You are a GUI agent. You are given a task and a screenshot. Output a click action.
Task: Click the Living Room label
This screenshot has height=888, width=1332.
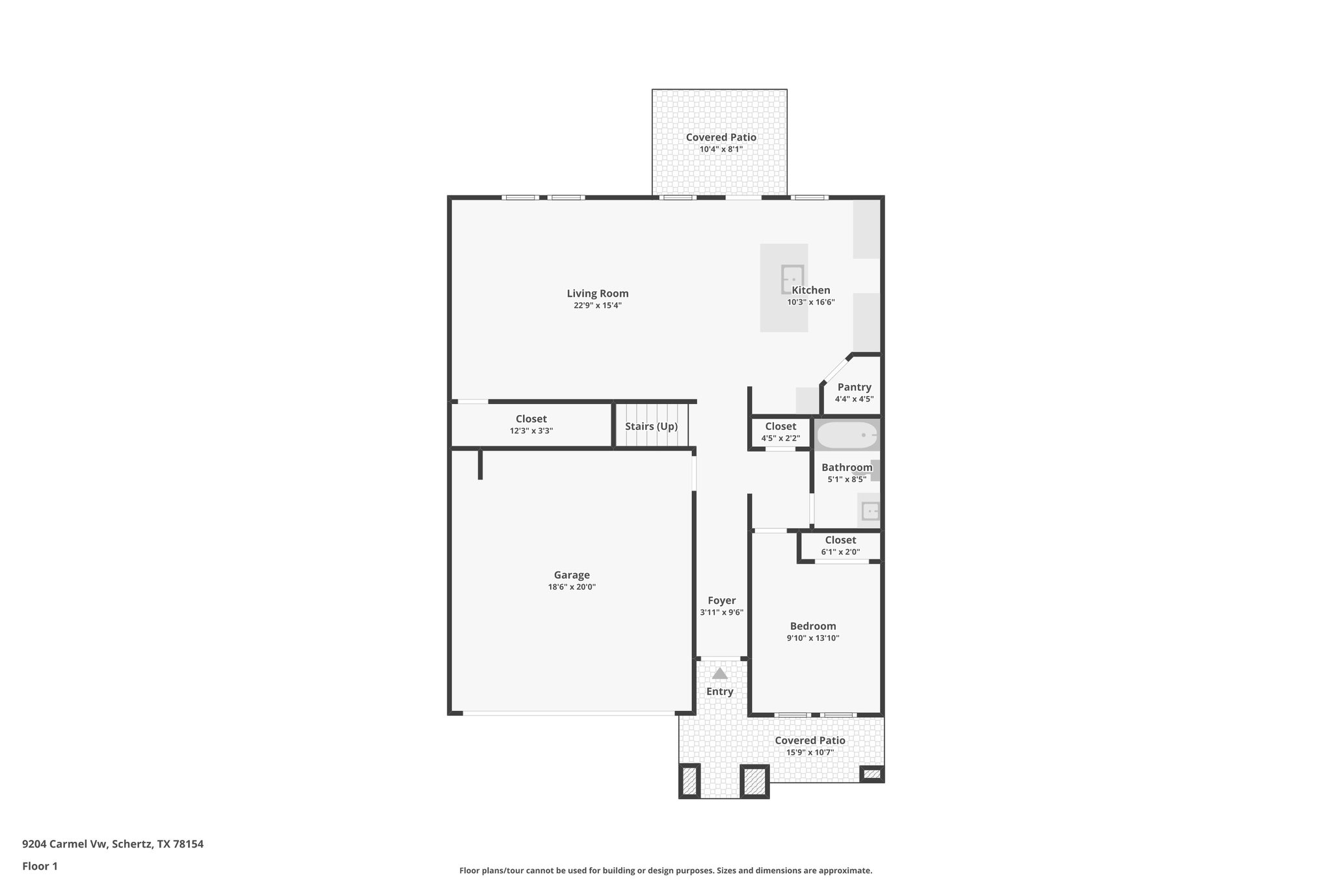coord(597,293)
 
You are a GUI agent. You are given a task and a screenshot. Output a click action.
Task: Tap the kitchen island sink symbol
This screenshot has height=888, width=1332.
coord(792,279)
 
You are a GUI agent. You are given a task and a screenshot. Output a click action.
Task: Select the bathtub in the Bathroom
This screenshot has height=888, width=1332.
coord(847,435)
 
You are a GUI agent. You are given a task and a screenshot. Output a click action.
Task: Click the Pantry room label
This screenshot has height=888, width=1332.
coord(854,387)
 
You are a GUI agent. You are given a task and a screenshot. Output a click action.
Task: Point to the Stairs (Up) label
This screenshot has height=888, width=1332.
coord(651,427)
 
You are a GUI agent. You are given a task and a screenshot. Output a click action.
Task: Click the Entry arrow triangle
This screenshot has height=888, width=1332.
coord(719,673)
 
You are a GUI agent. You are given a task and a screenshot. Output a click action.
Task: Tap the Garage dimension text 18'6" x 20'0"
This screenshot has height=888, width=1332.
coord(572,587)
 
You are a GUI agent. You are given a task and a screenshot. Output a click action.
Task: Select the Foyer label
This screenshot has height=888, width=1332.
coord(721,600)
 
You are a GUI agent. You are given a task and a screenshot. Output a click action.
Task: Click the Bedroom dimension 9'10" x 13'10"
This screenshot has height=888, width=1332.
coord(812,638)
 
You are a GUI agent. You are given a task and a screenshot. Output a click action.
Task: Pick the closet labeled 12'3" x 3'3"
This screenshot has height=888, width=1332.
coord(531,424)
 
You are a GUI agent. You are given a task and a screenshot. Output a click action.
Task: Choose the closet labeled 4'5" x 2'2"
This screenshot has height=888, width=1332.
coord(780,432)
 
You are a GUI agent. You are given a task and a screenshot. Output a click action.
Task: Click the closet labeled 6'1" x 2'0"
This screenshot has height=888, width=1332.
coord(840,545)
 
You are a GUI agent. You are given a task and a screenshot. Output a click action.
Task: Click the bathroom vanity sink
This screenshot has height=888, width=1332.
coord(870,511)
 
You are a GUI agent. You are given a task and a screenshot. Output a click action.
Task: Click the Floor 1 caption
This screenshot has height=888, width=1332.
coord(40,866)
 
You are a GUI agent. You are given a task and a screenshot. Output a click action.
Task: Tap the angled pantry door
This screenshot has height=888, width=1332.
coord(836,368)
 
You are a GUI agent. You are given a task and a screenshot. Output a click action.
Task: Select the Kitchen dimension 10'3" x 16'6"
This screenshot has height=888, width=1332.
coord(810,302)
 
